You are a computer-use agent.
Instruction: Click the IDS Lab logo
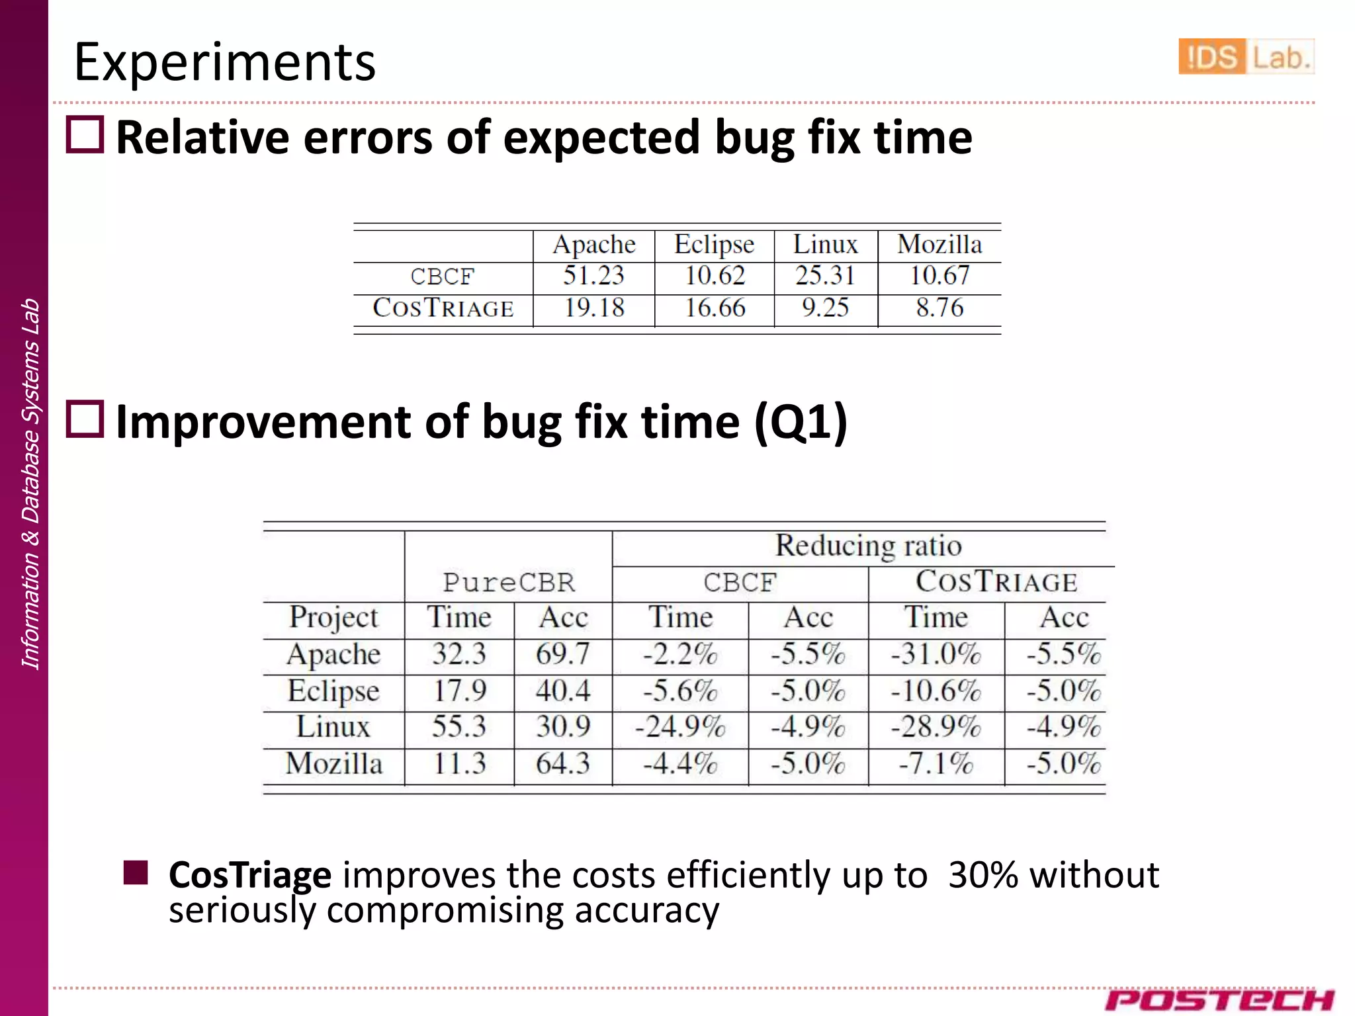point(1245,56)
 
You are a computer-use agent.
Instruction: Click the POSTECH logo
point(1219,999)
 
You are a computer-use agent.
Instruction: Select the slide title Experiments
point(224,62)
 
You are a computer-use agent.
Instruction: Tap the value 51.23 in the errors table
point(593,275)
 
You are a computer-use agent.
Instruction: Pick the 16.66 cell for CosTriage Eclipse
point(715,308)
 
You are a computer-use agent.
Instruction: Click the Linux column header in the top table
point(825,244)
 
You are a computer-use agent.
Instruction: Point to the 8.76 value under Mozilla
point(940,308)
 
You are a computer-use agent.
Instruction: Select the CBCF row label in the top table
point(442,276)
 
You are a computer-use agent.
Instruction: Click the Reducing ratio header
point(868,546)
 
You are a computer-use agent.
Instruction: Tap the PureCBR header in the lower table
point(508,583)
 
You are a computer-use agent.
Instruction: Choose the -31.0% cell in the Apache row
point(936,654)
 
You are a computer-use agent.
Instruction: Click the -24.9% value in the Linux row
point(680,727)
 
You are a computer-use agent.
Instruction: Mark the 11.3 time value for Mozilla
point(459,764)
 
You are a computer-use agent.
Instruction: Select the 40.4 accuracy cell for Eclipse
point(562,691)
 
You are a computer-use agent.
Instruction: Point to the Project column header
point(333,617)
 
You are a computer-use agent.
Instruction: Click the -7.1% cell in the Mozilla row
point(936,764)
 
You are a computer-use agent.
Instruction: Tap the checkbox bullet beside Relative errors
point(85,135)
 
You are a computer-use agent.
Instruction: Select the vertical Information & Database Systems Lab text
point(30,484)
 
